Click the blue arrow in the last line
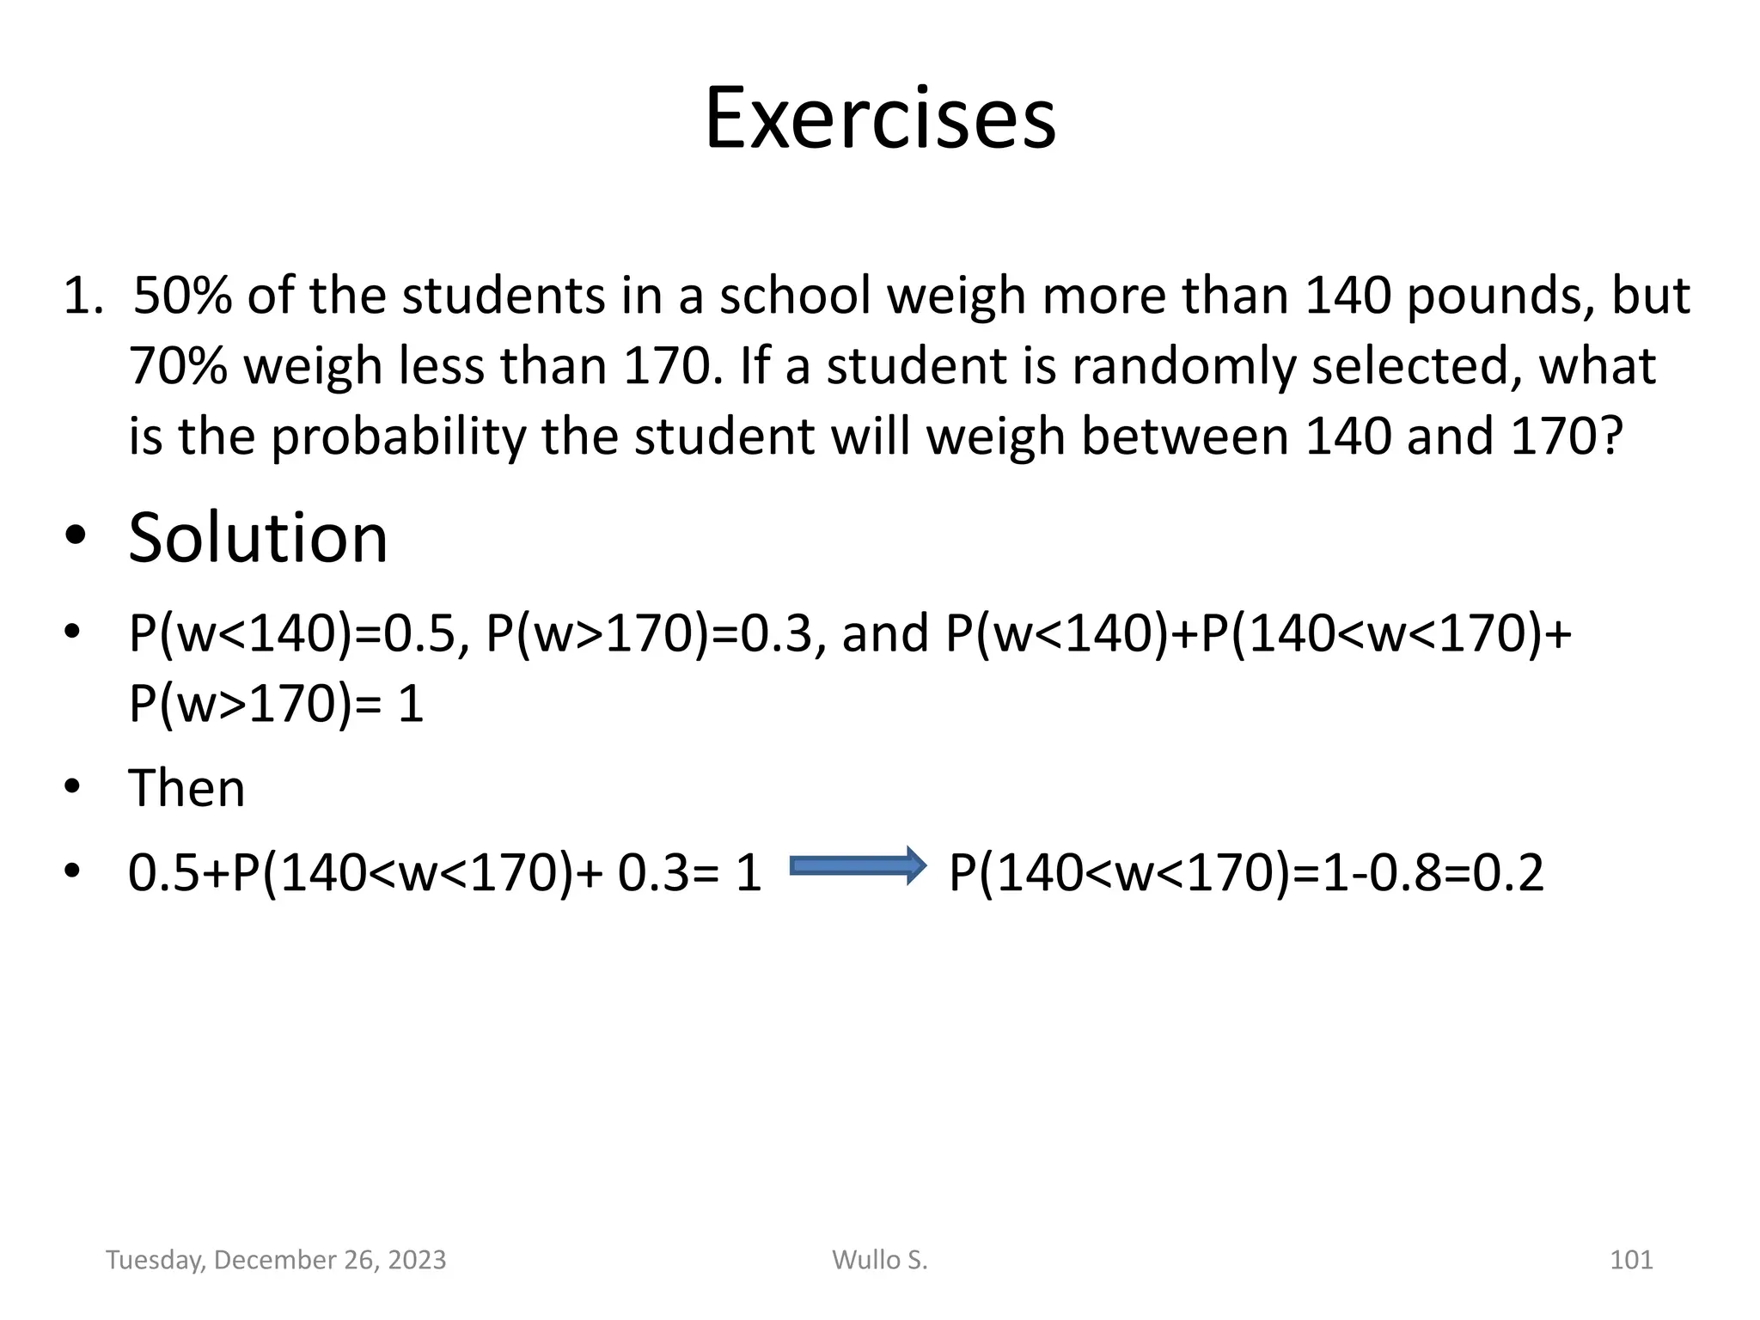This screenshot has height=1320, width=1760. [x=858, y=865]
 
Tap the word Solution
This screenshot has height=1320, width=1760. [x=258, y=538]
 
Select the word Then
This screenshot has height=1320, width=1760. [x=186, y=788]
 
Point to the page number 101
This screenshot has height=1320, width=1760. [x=1630, y=1260]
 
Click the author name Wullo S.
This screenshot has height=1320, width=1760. [x=880, y=1260]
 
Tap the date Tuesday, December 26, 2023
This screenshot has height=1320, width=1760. [x=276, y=1260]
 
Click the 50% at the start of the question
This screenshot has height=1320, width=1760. [x=183, y=296]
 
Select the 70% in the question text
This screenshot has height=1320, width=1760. [x=178, y=367]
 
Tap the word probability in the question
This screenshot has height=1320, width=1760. [x=398, y=437]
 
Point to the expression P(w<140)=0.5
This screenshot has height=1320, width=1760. [x=290, y=634]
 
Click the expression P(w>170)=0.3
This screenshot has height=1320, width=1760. [x=648, y=634]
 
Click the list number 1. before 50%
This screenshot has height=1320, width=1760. [x=84, y=296]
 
